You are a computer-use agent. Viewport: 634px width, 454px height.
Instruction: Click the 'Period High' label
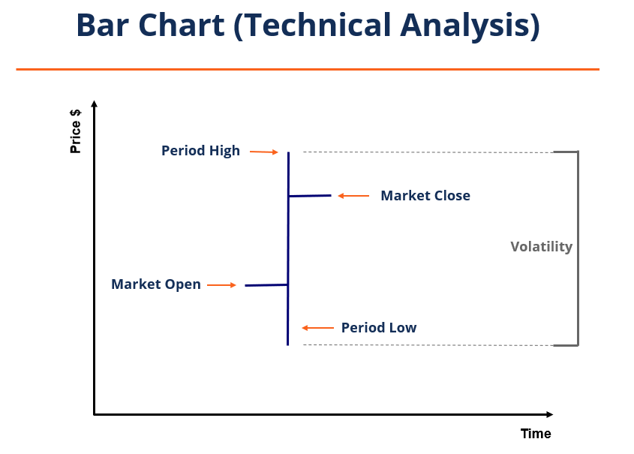tap(200, 151)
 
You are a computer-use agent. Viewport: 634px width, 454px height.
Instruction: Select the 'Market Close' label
tap(425, 196)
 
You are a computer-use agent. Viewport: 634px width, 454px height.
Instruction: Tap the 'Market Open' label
tap(156, 284)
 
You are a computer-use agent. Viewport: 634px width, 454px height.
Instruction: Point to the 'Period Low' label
tap(378, 328)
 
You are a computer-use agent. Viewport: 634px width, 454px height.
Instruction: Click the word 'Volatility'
tap(541, 247)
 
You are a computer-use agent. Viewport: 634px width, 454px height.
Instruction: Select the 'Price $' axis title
tap(76, 131)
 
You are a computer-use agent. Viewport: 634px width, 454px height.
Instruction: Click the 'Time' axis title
tap(536, 434)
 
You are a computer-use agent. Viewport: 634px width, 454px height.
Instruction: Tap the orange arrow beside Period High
tap(264, 152)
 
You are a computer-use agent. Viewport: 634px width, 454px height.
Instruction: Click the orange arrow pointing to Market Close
tap(353, 196)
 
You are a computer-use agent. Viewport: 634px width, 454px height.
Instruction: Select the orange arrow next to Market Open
tap(222, 285)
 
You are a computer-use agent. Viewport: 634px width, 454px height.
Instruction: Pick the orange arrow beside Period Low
tap(318, 328)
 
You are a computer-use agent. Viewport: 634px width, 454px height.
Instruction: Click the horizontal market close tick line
tap(310, 196)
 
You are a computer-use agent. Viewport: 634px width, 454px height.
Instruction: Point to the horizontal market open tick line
tap(266, 285)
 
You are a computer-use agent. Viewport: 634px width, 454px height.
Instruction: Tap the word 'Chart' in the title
tap(183, 26)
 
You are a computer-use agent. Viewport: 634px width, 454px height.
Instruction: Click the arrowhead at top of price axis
tap(94, 104)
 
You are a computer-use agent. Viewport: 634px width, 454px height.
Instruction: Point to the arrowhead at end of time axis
tap(549, 414)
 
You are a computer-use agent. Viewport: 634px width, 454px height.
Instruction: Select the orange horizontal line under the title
tap(308, 69)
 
